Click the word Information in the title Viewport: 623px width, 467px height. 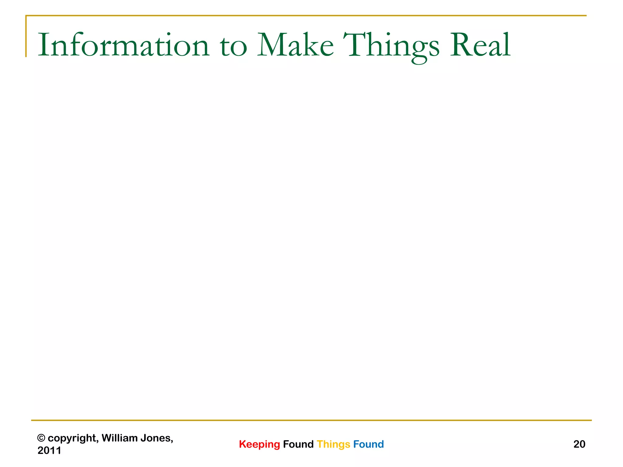point(124,45)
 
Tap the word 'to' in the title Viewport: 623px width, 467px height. point(233,46)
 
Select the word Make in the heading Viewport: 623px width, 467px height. point(296,45)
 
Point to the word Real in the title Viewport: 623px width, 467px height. point(480,45)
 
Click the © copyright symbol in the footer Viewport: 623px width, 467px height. point(41,438)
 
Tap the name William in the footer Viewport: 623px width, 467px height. point(120,438)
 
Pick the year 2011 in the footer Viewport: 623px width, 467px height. point(49,450)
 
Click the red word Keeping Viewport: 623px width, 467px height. point(259,445)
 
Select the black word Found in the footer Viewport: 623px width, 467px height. point(298,444)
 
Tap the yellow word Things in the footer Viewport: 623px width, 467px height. point(333,445)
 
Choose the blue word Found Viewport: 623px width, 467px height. point(368,444)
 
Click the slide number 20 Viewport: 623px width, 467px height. point(579,444)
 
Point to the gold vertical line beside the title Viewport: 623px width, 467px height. point(26,36)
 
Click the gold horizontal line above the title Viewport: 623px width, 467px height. point(304,16)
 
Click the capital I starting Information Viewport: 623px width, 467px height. point(42,45)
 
